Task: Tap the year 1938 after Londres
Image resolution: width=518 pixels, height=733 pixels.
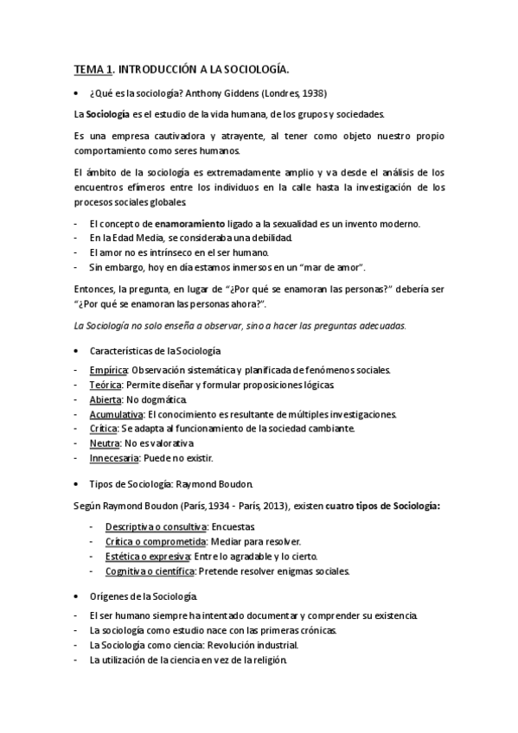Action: [314, 92]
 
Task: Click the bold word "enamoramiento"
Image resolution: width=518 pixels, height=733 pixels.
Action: [191, 223]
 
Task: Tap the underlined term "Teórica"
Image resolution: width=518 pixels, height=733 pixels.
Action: [106, 386]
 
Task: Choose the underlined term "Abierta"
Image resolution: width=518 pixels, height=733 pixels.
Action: [105, 399]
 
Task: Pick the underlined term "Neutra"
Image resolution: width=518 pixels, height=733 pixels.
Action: [104, 443]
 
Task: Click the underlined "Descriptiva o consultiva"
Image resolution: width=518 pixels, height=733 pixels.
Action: [156, 526]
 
